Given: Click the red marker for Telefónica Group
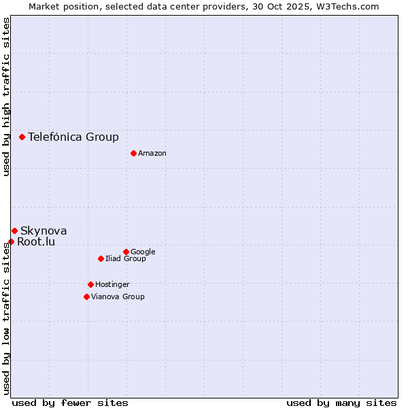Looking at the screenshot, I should [x=22, y=137].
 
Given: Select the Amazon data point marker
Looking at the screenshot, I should [x=133, y=153].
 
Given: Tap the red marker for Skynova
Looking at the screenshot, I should [x=14, y=231].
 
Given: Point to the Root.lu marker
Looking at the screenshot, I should [x=11, y=241].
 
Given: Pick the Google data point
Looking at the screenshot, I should [x=126, y=252].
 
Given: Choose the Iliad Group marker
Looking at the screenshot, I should [x=101, y=258].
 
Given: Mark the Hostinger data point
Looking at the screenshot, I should [x=90, y=284].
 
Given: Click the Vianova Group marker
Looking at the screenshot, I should [x=86, y=296].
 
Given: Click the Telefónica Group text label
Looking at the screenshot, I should [x=73, y=137].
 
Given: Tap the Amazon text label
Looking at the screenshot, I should [x=152, y=154].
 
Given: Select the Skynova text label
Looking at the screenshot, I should [x=44, y=231].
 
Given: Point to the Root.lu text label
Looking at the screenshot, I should [x=36, y=242].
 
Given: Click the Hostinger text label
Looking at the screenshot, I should [x=112, y=284].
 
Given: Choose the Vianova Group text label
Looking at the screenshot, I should [x=118, y=296].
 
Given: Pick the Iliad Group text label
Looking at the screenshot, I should [x=126, y=259].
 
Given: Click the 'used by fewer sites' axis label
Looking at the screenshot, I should [x=70, y=403].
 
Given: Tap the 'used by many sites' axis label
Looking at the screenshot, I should [x=341, y=403].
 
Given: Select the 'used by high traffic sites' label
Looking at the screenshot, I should [x=6, y=97].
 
